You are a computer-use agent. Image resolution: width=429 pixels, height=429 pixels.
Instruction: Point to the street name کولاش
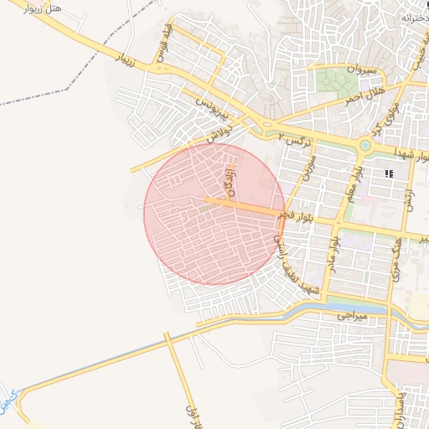215,132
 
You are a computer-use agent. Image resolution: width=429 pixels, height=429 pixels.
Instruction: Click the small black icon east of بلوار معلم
388,173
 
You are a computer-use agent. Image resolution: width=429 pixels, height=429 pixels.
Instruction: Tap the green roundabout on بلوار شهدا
364,145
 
